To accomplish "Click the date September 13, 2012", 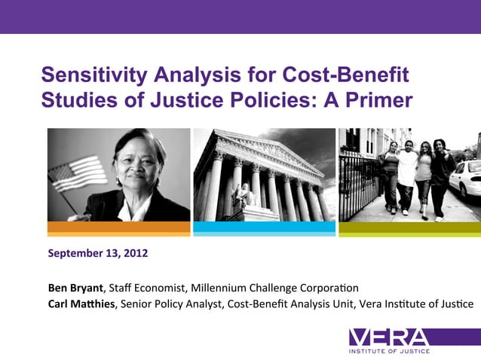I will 98,253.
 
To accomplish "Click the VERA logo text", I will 389,337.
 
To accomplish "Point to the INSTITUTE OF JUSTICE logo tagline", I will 389,352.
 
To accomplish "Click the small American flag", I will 75,175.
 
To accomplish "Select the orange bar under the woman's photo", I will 118,227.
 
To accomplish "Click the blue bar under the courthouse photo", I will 264,227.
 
